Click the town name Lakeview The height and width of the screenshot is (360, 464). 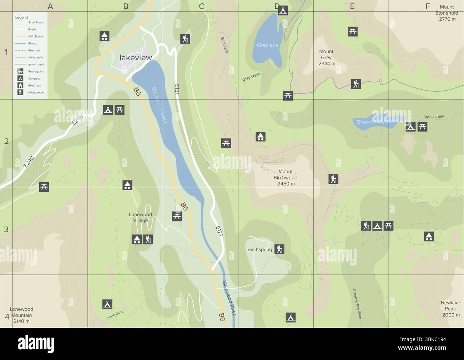point(136,58)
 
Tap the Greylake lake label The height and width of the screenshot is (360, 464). point(267,45)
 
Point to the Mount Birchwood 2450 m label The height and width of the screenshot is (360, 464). point(286,178)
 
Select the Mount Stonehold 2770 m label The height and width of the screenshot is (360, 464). point(447,13)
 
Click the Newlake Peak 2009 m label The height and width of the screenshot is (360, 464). point(450,309)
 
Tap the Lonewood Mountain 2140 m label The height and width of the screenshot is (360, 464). point(21,315)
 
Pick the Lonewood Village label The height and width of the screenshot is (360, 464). point(140,218)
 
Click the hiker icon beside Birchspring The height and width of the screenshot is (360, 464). point(279,249)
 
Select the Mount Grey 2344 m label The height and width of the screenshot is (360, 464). point(326,57)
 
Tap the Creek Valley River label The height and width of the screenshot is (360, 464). point(357,304)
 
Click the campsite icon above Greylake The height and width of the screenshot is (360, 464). point(283,10)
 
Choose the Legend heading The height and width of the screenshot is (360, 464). point(21,17)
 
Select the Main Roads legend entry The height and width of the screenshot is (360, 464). point(35,36)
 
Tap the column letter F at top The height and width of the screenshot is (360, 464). point(428,6)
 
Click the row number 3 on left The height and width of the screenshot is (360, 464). point(6,229)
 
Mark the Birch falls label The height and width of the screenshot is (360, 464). point(224,45)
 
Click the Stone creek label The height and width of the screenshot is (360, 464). point(434,117)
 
